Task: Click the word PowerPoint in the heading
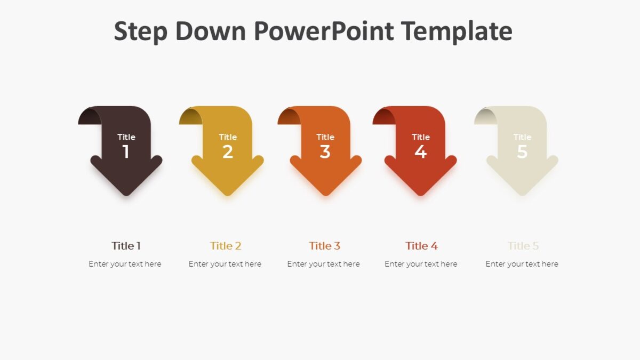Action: point(323,31)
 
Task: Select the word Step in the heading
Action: point(141,31)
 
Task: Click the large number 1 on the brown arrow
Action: point(126,152)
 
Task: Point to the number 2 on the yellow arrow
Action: point(228,152)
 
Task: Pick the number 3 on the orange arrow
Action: point(325,152)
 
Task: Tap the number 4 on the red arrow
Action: point(421,152)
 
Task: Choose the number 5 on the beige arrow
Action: point(522,152)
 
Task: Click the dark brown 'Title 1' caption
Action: point(126,246)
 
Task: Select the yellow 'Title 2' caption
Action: point(226,246)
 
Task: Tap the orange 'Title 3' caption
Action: point(324,246)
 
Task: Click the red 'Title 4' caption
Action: point(421,246)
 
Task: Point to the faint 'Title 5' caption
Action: point(523,246)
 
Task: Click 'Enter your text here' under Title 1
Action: point(125,264)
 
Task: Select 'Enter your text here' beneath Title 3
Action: point(323,264)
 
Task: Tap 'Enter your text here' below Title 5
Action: point(522,264)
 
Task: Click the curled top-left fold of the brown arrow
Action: point(89,116)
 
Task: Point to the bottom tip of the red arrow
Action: point(421,193)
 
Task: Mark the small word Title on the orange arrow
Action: point(325,137)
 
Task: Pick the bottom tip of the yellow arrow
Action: point(228,193)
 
